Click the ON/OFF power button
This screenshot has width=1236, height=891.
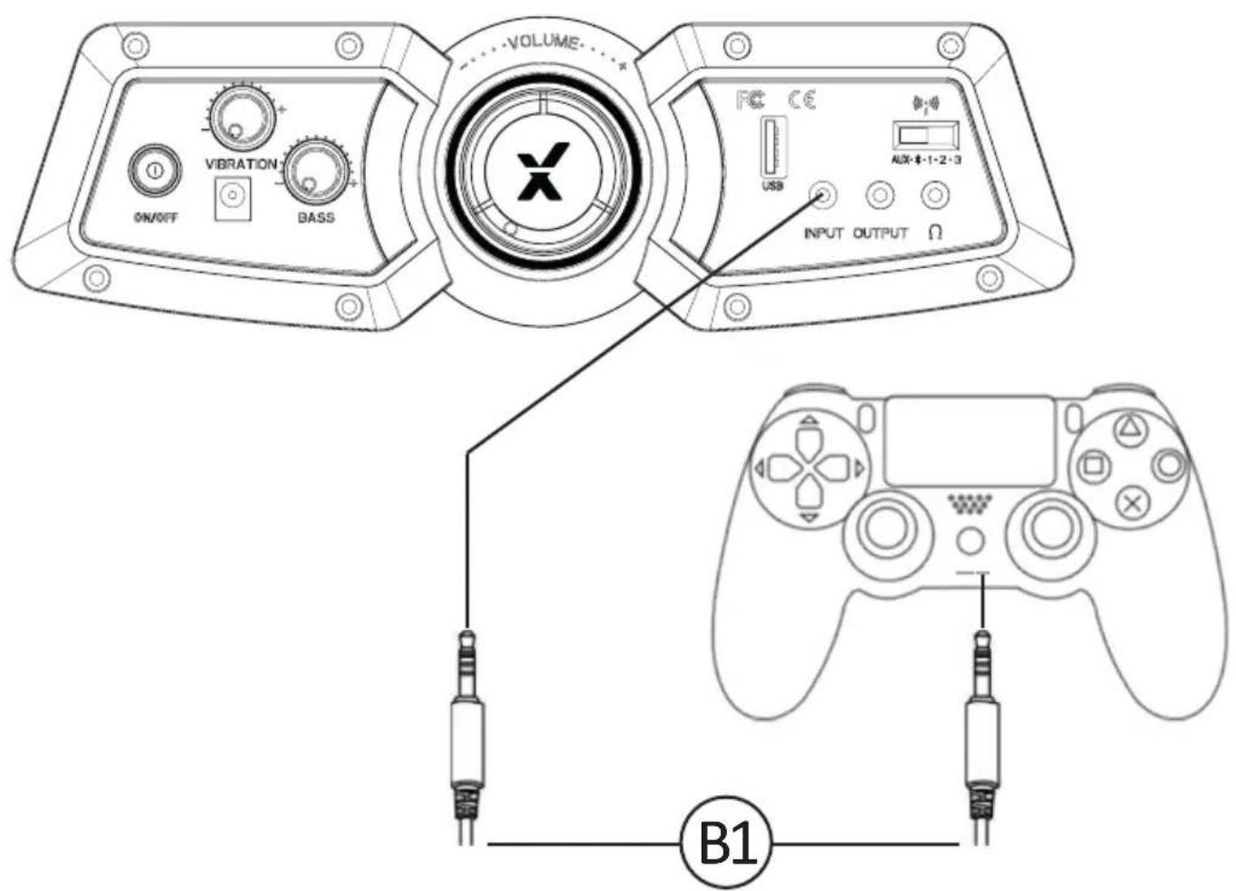(154, 170)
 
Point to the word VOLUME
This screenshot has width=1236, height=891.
(543, 43)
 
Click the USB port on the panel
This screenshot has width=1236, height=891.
(772, 148)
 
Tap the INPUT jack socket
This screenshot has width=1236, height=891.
(823, 195)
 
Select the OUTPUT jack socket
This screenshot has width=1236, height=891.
(879, 195)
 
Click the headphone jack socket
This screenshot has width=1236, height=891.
(934, 195)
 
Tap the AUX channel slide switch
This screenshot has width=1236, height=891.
(925, 136)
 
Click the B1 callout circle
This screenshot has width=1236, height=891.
(727, 844)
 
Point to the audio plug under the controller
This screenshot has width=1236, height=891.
(981, 724)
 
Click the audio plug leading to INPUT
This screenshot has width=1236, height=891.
(466, 724)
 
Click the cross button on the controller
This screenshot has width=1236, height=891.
(1130, 503)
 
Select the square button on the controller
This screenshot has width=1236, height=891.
(1093, 466)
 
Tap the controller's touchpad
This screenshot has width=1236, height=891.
(970, 441)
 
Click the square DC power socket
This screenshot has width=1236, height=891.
(232, 198)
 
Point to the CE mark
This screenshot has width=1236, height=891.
(801, 99)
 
